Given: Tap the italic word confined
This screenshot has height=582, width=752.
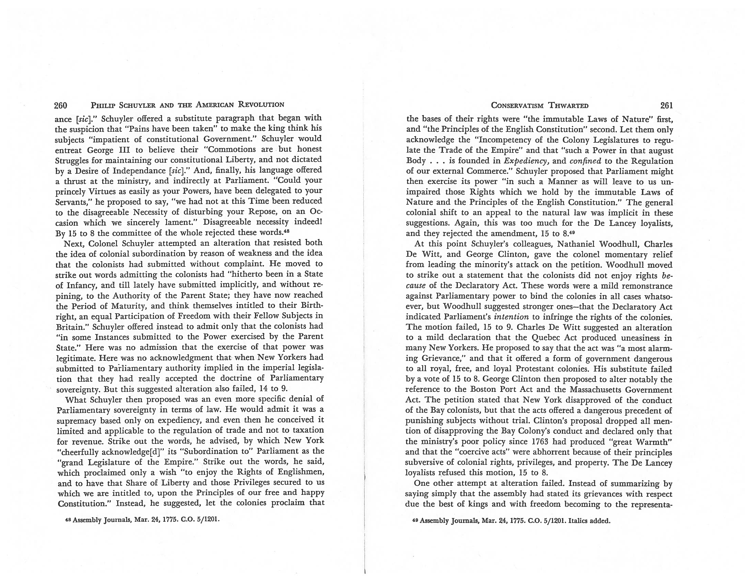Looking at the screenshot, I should click(x=585, y=161).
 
